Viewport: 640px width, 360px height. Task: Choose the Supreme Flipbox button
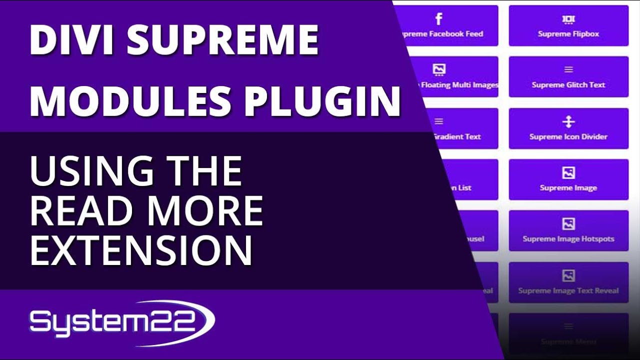coord(568,26)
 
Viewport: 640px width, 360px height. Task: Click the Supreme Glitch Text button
coord(568,77)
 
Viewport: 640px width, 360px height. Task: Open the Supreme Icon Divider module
coord(568,128)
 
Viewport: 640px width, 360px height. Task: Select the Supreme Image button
coord(568,179)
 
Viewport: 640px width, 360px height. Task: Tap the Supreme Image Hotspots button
coord(568,230)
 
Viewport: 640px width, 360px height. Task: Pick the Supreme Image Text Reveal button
coord(568,282)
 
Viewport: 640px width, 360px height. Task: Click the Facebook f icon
coord(438,19)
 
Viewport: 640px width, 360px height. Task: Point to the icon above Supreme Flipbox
coord(568,19)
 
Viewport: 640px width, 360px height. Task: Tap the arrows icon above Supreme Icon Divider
coord(568,122)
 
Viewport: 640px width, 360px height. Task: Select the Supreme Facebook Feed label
coord(440,34)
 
